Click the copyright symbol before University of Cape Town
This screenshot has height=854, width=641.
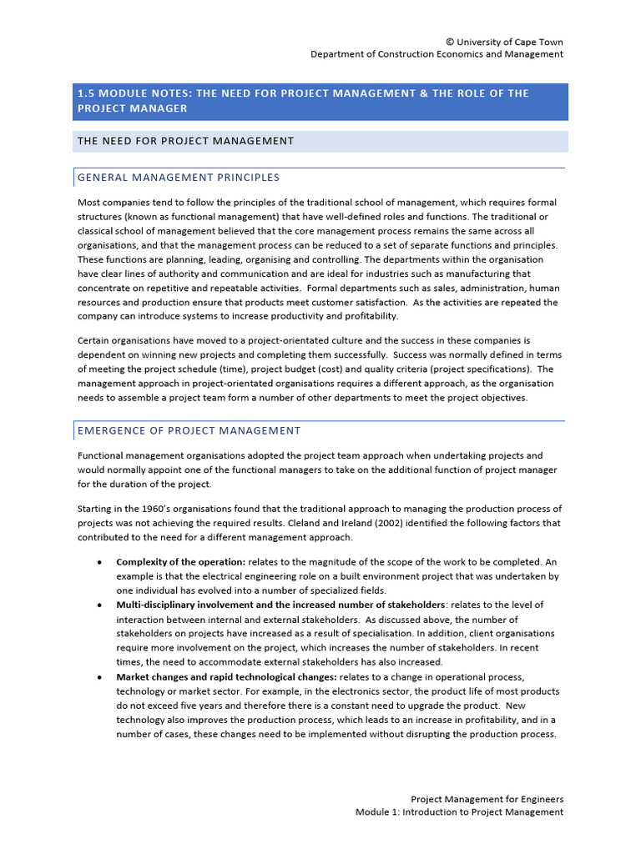[451, 42]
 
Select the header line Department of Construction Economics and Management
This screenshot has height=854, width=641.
[437, 54]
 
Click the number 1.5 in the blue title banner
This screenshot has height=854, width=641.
[86, 93]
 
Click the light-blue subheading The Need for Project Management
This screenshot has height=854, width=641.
[185, 141]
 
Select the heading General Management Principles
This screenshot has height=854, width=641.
[179, 178]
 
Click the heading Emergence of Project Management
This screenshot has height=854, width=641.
[189, 430]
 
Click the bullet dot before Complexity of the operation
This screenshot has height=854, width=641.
[100, 562]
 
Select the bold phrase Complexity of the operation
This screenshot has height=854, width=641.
[180, 562]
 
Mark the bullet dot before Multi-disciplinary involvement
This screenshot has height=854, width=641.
[100, 605]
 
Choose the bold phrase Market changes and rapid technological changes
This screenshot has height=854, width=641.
[226, 676]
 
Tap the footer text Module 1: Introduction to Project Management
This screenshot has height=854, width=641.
[459, 811]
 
